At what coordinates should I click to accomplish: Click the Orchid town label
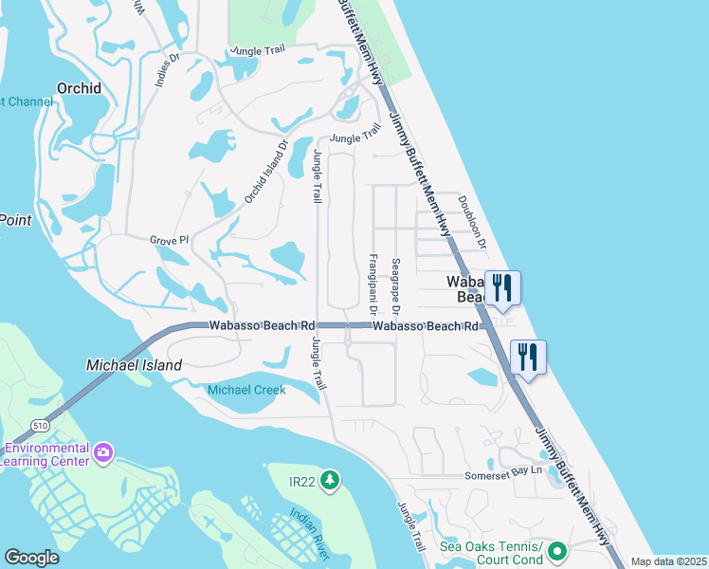[x=79, y=88]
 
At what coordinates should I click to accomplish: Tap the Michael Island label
[x=134, y=364]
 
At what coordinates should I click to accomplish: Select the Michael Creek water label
[x=246, y=390]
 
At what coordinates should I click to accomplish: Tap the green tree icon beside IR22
[x=329, y=482]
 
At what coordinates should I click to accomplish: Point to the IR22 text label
[x=303, y=482]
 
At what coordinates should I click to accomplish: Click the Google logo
[x=31, y=557]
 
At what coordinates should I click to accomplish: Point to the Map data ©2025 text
[x=667, y=561]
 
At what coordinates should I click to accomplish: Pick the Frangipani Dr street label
[x=373, y=284]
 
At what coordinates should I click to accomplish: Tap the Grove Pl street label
[x=170, y=241]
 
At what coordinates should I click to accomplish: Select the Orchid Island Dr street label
[x=265, y=172]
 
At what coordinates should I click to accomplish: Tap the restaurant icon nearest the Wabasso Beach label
[x=502, y=288]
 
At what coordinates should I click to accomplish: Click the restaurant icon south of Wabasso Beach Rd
[x=527, y=357]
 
